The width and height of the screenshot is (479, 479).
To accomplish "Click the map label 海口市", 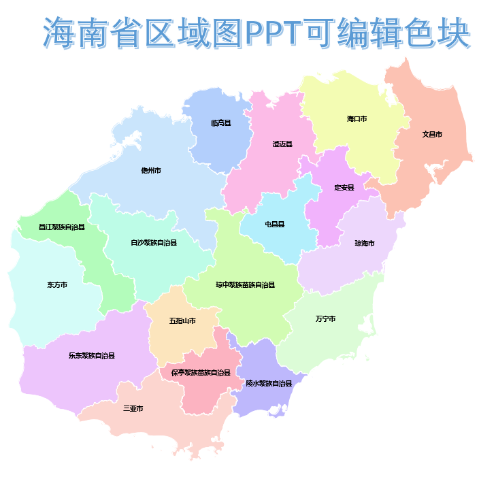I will pyautogui.click(x=357, y=119).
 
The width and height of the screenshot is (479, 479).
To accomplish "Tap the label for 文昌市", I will pyautogui.click(x=432, y=135).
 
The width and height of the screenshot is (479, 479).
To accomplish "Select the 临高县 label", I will pyautogui.click(x=221, y=123).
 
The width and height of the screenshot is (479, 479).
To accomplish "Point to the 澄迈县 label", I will pyautogui.click(x=282, y=144).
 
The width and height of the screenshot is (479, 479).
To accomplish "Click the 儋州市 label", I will pyautogui.click(x=151, y=170).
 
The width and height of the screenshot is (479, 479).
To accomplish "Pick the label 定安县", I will pyautogui.click(x=344, y=187).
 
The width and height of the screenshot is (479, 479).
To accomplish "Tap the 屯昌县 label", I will pyautogui.click(x=274, y=224).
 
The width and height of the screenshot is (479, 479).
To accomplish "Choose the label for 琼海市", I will pyautogui.click(x=365, y=243).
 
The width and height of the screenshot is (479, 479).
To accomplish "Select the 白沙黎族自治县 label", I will pyautogui.click(x=154, y=243).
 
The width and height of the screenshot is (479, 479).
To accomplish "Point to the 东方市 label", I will pyautogui.click(x=57, y=285).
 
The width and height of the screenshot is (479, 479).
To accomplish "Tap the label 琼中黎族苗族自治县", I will pyautogui.click(x=245, y=284).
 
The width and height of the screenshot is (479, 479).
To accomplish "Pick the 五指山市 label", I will pyautogui.click(x=182, y=320).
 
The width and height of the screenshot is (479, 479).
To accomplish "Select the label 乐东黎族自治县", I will pyautogui.click(x=91, y=355).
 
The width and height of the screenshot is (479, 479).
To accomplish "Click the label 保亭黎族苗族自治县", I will pyautogui.click(x=201, y=373).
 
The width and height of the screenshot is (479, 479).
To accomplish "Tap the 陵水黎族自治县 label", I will pyautogui.click(x=269, y=384).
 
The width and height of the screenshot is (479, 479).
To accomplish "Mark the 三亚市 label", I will pyautogui.click(x=133, y=409).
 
